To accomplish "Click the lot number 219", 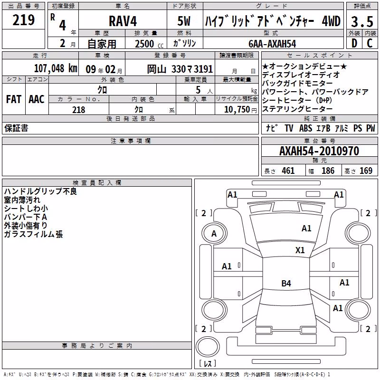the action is pyautogui.click(x=23, y=20).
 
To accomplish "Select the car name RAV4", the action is pyautogui.click(x=123, y=21).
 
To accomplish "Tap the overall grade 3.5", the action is pyautogui.click(x=362, y=22).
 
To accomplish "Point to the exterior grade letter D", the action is pyautogui.click(x=354, y=43).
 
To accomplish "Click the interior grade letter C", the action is pyautogui.click(x=370, y=43).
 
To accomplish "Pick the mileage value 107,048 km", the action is pyautogui.click(x=56, y=68).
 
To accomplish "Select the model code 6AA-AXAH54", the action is pyautogui.click(x=272, y=44).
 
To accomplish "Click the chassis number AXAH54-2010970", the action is pyautogui.click(x=319, y=151).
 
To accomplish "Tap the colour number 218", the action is pyautogui.click(x=78, y=110).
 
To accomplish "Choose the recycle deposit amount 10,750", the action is pyautogui.click(x=237, y=110).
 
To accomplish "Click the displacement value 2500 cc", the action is pyautogui.click(x=149, y=44).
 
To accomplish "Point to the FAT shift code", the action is pyautogui.click(x=14, y=99).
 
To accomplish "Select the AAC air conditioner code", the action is pyautogui.click(x=37, y=99).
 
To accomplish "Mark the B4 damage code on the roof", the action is pyautogui.click(x=286, y=283).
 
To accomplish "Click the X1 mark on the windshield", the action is pyautogui.click(x=300, y=250).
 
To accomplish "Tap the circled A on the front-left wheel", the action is pyautogui.click(x=214, y=233).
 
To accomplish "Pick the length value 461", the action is pyautogui.click(x=288, y=171).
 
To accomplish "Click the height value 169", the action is pyautogui.click(x=366, y=171).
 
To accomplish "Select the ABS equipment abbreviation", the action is pyautogui.click(x=305, y=128).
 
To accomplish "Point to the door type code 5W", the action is pyautogui.click(x=184, y=21).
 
